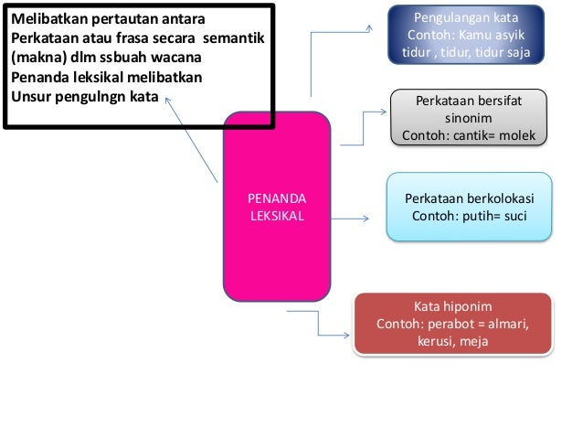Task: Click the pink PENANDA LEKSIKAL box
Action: click(x=278, y=208)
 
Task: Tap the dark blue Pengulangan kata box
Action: click(x=466, y=36)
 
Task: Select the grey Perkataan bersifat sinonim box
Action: click(x=469, y=118)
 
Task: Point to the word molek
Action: click(x=516, y=136)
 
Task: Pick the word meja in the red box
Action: click(x=474, y=342)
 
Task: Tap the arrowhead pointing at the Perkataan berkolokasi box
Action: click(x=365, y=219)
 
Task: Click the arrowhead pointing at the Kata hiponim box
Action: click(x=346, y=337)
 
